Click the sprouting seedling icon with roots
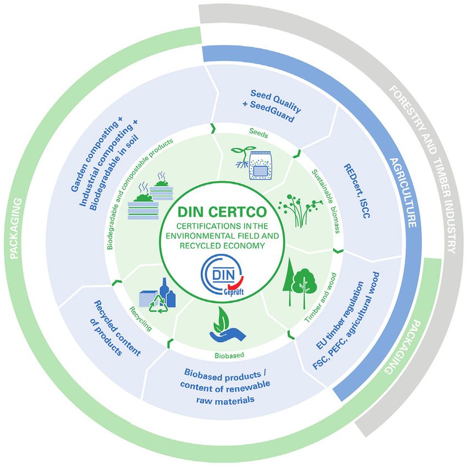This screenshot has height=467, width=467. pos(238,156)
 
